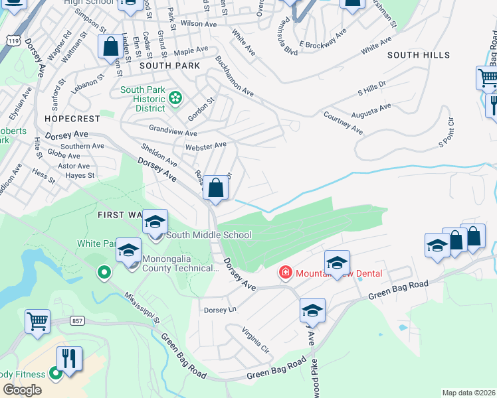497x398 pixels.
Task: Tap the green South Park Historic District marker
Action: click(175, 99)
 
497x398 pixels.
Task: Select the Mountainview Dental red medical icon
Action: click(285, 273)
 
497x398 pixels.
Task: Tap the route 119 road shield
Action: click(11, 41)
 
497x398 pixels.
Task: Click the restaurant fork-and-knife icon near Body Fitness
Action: click(69, 359)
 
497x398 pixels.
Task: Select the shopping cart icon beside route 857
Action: click(37, 322)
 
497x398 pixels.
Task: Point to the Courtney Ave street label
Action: click(343, 123)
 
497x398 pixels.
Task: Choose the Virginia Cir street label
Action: click(255, 339)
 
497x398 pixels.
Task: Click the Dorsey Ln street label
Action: click(220, 310)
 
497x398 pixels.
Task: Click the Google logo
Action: click(23, 390)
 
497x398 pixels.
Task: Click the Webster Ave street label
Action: click(206, 145)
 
